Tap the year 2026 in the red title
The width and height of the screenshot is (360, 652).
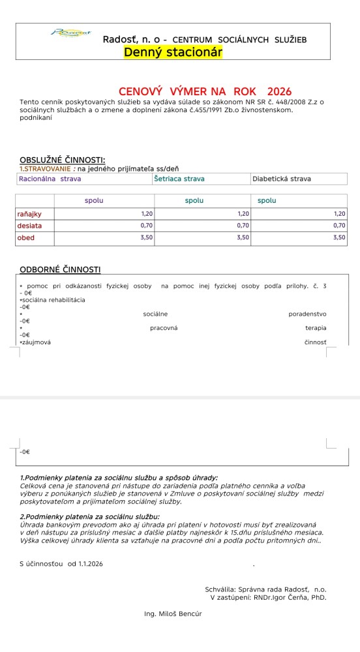click(x=279, y=91)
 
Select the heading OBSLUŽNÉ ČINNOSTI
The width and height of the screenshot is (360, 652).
click(x=63, y=160)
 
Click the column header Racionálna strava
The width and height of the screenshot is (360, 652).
click(x=50, y=179)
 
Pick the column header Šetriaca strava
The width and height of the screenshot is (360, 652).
click(x=179, y=179)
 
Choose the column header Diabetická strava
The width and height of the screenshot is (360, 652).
click(x=282, y=179)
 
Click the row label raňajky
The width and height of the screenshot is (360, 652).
click(x=29, y=213)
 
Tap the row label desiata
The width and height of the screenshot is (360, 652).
click(x=29, y=226)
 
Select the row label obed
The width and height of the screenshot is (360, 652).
click(x=26, y=238)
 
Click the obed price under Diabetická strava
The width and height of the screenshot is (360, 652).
click(x=339, y=238)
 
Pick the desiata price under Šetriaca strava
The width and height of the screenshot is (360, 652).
click(x=243, y=226)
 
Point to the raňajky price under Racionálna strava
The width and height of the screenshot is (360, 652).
click(x=147, y=213)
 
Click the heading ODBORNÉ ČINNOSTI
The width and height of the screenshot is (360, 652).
click(x=60, y=269)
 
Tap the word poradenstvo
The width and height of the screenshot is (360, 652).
click(x=307, y=314)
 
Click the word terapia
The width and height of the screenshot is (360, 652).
click(x=316, y=328)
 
